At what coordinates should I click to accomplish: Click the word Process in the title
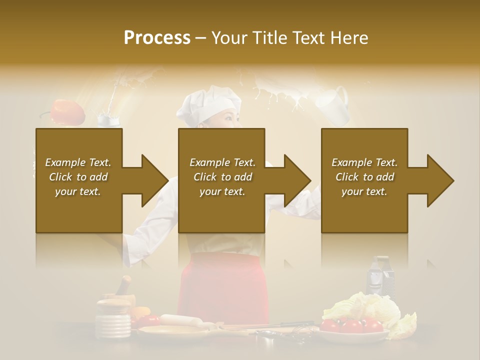157,37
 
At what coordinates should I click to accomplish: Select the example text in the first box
78,177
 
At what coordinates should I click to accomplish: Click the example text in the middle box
222,177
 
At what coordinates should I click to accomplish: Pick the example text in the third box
364,177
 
